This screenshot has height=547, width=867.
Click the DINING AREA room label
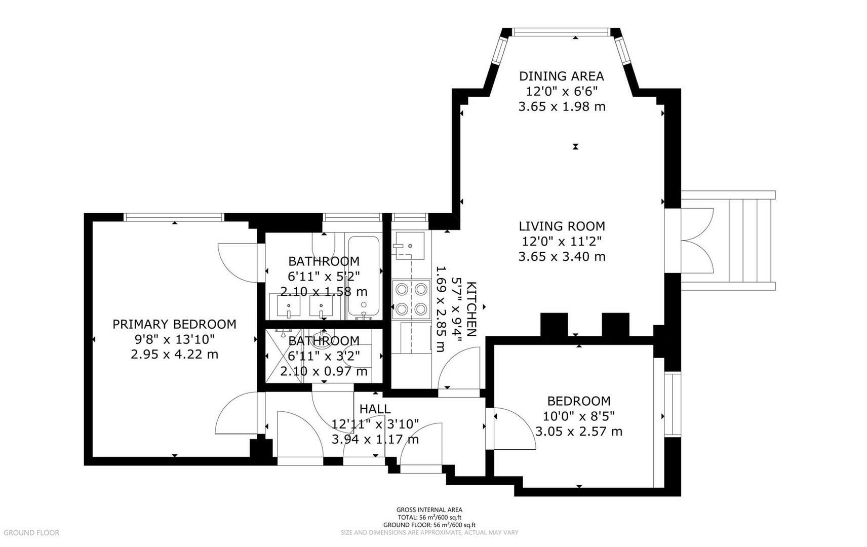pyautogui.click(x=561, y=76)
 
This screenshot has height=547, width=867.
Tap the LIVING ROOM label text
pyautogui.click(x=562, y=226)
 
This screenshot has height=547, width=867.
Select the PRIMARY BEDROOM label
pyautogui.click(x=174, y=324)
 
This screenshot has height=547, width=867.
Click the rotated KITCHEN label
pyautogui.click(x=472, y=309)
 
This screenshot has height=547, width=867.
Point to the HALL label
pyautogui.click(x=375, y=409)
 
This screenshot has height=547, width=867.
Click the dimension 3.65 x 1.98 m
pyautogui.click(x=562, y=106)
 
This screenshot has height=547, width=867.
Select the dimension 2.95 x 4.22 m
pyautogui.click(x=174, y=354)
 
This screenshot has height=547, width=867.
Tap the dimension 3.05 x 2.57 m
pyautogui.click(x=579, y=431)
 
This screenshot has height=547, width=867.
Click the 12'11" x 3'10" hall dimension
pyautogui.click(x=375, y=424)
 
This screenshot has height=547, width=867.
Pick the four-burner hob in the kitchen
pyautogui.click(x=411, y=298)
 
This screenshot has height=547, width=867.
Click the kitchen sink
pyautogui.click(x=408, y=246)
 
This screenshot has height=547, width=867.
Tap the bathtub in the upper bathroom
pyautogui.click(x=363, y=278)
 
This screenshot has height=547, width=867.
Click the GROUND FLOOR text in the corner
pyautogui.click(x=31, y=533)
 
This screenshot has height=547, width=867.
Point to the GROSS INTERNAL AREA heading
pyautogui.click(x=429, y=510)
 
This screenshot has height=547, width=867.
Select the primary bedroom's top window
pyautogui.click(x=174, y=217)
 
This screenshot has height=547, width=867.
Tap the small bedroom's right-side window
pyautogui.click(x=673, y=404)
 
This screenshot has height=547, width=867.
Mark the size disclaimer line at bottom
pyautogui.click(x=429, y=533)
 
